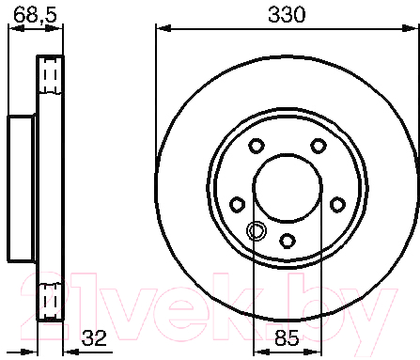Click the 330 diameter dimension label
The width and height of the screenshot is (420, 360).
[287, 14]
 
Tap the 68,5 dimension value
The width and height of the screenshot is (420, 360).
[36, 14]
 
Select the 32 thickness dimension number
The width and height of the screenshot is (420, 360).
[94, 337]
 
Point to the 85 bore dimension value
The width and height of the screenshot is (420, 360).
[287, 337]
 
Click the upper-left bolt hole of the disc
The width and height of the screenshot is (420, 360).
[257, 146]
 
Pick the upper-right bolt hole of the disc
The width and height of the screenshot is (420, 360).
[318, 146]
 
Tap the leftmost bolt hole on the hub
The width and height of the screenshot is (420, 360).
[238, 205]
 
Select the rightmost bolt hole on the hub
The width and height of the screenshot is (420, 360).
[337, 205]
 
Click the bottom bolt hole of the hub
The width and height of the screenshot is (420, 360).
[288, 241]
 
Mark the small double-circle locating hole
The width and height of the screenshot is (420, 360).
[257, 231]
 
